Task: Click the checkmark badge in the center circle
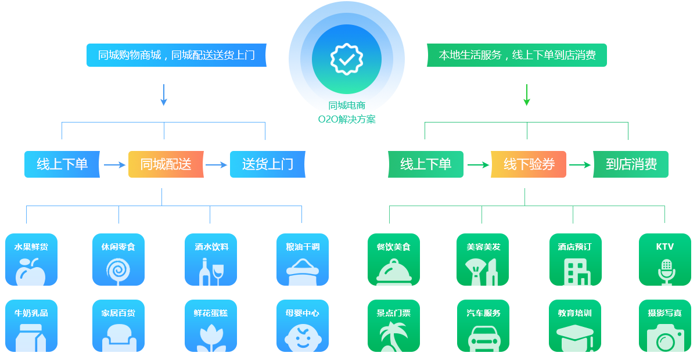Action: click(346, 58)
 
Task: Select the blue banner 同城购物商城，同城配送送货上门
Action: click(176, 55)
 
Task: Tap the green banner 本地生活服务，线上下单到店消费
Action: click(516, 55)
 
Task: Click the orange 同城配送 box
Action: click(166, 164)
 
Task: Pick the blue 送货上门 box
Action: click(267, 164)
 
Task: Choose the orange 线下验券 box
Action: click(528, 164)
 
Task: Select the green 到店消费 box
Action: click(630, 164)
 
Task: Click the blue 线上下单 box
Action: click(62, 164)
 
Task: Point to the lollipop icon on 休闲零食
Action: click(118, 271)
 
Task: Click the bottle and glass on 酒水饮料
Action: click(211, 272)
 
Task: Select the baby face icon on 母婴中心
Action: click(302, 338)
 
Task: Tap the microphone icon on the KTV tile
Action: click(666, 271)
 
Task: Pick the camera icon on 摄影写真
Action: click(665, 339)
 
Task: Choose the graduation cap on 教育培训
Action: click(575, 337)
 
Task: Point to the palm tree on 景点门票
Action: click(393, 337)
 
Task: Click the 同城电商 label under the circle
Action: click(346, 106)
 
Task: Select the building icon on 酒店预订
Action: click(576, 271)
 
